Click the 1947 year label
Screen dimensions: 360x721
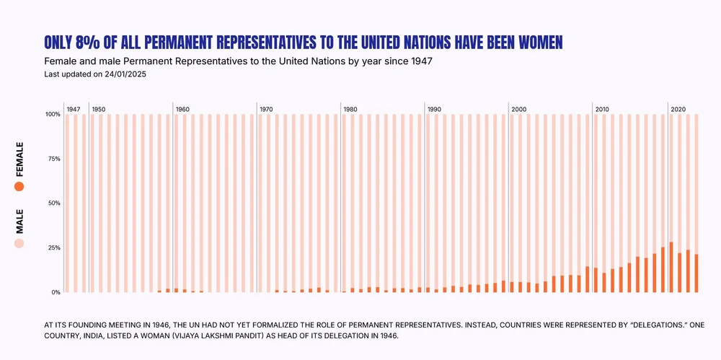pos(73,109)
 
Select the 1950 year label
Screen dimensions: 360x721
pos(99,109)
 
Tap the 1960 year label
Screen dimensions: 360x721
pos(182,109)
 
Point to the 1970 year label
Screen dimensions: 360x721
pos(266,109)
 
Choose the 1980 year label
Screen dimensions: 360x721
pos(350,109)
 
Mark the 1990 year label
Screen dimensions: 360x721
pos(434,109)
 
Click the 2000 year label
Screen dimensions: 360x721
pos(518,109)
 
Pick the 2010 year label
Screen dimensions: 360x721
pos(602,109)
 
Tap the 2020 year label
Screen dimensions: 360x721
pos(678,109)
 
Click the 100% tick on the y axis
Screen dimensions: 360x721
pos(53,114)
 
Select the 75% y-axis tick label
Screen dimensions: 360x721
pos(54,159)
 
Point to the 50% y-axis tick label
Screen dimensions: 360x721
pos(54,203)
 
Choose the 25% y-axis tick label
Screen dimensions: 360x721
pos(54,247)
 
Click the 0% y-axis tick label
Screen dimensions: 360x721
pos(56,292)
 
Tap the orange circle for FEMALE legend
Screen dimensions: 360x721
pos(19,186)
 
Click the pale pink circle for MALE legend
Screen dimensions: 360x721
pos(19,244)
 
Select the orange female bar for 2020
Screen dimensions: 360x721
pos(671,268)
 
